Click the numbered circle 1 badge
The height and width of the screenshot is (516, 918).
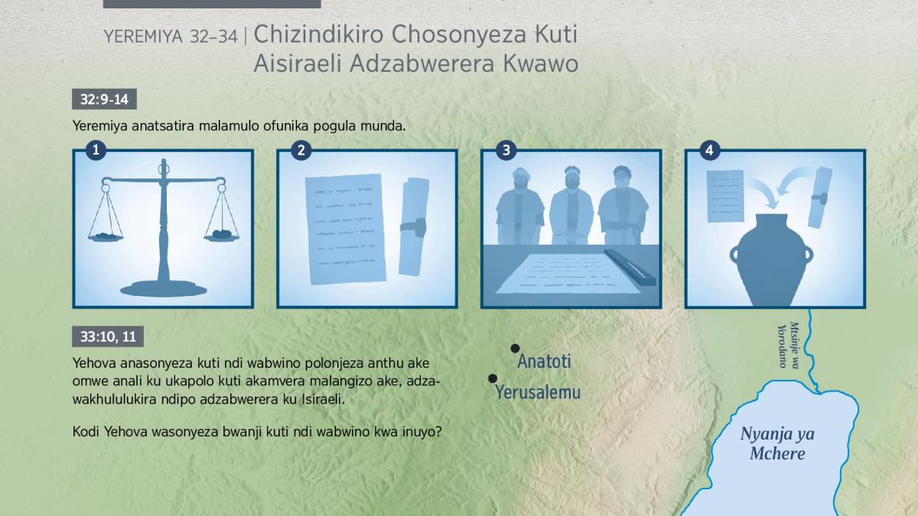click(96, 151)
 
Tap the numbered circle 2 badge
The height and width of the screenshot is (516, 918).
click(301, 151)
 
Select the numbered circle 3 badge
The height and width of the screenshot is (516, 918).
click(506, 151)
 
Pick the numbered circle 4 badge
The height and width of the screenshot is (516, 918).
click(710, 151)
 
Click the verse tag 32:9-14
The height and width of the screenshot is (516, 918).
click(104, 99)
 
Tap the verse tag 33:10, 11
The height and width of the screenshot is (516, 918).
click(108, 336)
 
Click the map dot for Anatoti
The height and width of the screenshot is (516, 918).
click(515, 349)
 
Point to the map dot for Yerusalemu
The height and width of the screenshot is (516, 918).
click(493, 379)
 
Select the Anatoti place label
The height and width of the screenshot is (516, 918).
click(544, 362)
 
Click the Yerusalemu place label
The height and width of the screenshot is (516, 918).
click(538, 392)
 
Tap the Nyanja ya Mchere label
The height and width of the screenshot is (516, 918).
click(777, 443)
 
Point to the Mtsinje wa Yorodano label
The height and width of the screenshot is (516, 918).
click(789, 346)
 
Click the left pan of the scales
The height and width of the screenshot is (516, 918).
click(106, 237)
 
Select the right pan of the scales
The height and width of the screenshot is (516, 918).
click(222, 235)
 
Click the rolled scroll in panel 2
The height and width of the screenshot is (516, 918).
click(414, 226)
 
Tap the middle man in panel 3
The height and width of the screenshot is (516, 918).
click(571, 206)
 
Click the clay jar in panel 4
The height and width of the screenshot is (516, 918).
click(771, 260)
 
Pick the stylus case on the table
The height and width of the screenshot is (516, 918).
click(630, 267)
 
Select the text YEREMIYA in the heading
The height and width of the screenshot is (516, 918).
click(143, 37)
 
